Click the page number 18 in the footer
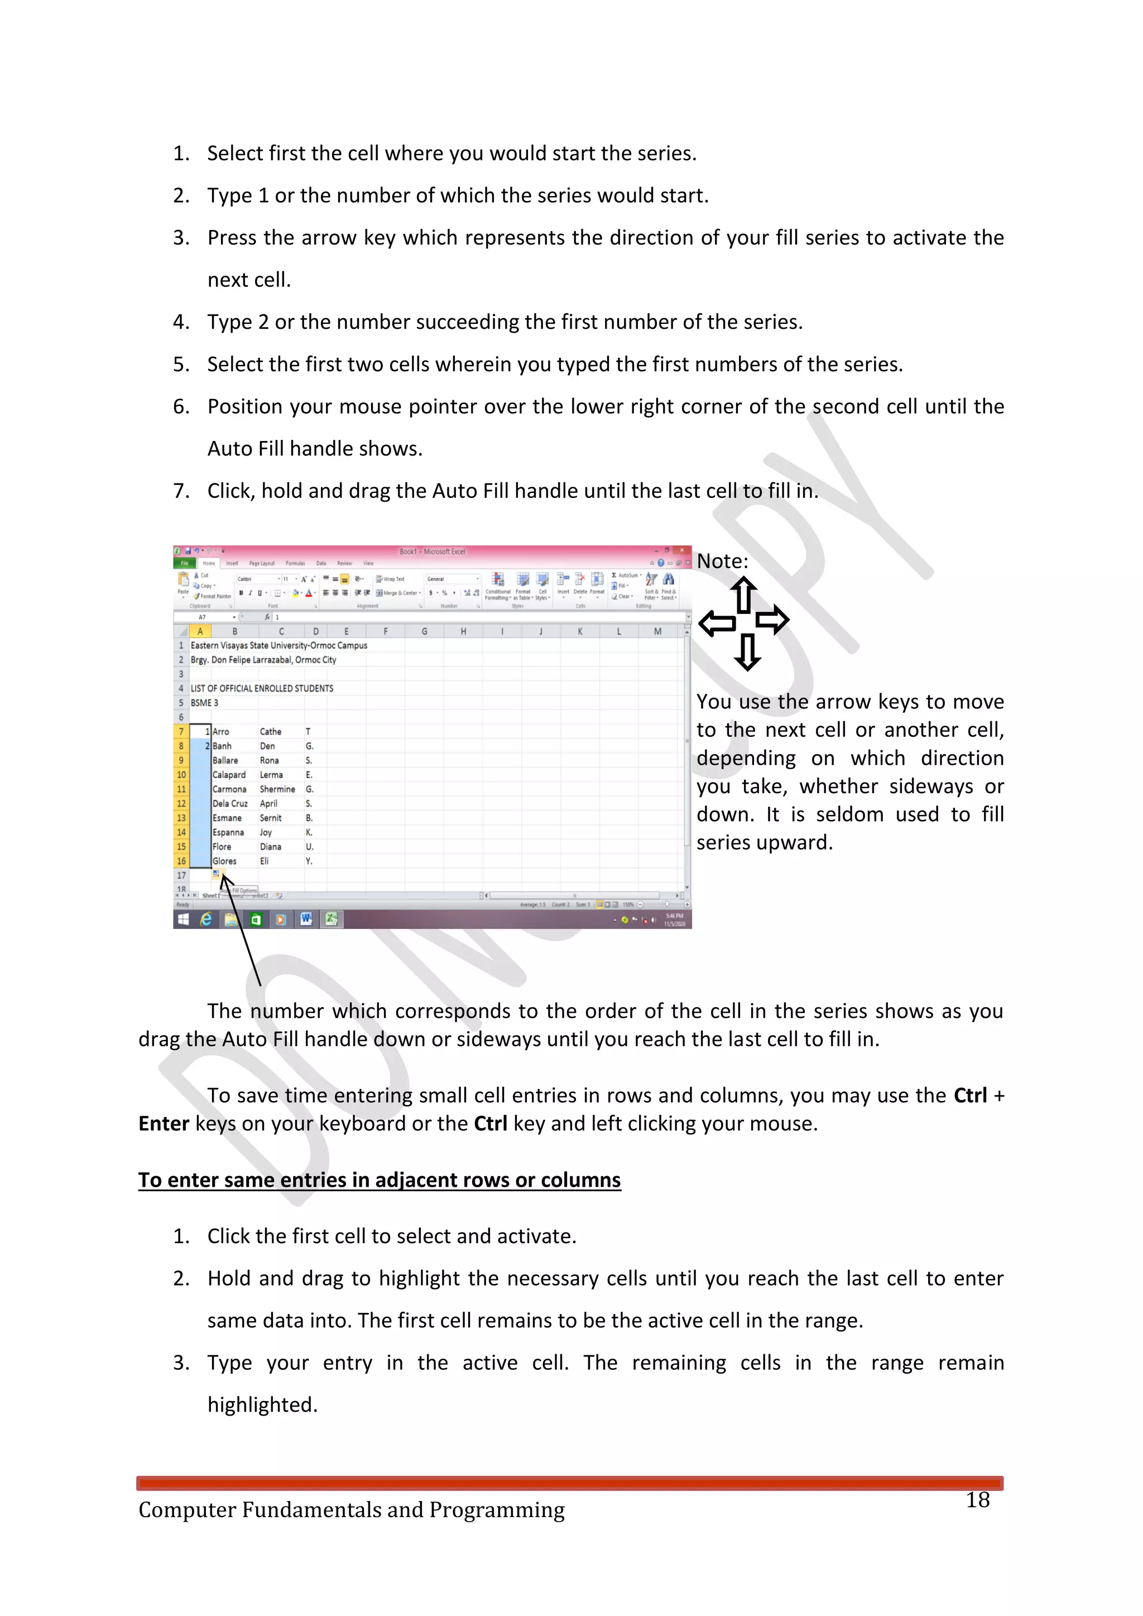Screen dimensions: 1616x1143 point(978,1500)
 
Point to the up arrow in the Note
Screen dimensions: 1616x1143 point(744,594)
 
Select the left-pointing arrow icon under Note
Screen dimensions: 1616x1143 point(717,623)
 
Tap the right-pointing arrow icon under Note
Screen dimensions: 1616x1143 point(772,620)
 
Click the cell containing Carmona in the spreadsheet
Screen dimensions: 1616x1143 point(229,789)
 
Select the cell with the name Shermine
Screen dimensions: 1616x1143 point(277,789)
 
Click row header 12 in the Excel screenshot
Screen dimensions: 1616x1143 point(181,803)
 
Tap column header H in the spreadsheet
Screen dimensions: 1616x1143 point(463,631)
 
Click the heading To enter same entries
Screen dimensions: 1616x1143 point(380,1179)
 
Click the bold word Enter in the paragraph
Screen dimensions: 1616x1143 point(164,1123)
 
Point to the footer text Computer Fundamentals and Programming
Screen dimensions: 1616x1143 point(351,1510)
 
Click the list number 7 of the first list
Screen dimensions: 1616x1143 point(181,491)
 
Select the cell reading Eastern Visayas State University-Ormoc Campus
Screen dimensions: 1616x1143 point(278,645)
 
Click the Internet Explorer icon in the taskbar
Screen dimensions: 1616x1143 point(206,919)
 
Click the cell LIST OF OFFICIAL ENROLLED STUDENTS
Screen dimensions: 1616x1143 point(262,688)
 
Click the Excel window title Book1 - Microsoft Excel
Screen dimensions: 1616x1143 point(432,552)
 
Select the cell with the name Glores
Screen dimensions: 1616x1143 point(224,861)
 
